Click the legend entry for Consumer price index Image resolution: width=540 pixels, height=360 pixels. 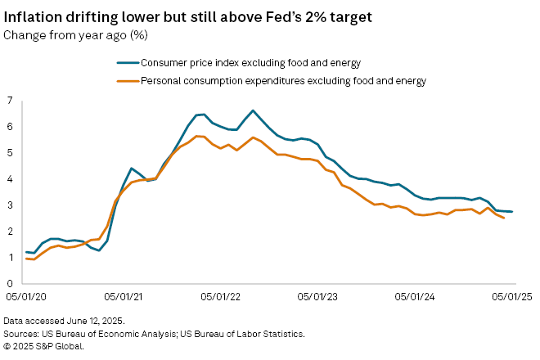tap(246, 62)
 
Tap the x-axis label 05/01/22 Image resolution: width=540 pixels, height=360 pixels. tap(222, 298)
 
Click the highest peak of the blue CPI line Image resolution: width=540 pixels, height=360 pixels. tap(253, 110)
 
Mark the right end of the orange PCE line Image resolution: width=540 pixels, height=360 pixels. tap(503, 218)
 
